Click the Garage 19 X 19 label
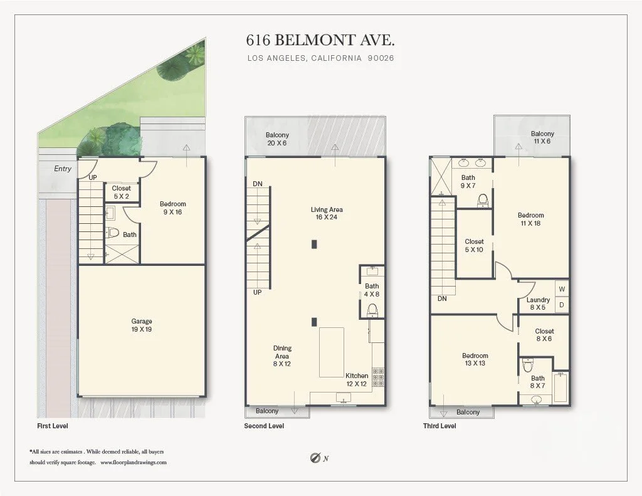pyautogui.click(x=142, y=325)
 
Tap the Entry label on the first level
pyautogui.click(x=63, y=168)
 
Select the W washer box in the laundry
pyautogui.click(x=562, y=288)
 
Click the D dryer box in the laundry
pyautogui.click(x=562, y=305)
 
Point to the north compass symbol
pyautogui.click(x=315, y=458)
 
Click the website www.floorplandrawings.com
pyautogui.click(x=134, y=462)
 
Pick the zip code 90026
pyautogui.click(x=381, y=58)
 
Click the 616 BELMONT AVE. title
pyautogui.click(x=320, y=40)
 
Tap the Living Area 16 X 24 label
pyautogui.click(x=326, y=213)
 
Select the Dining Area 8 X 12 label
pyautogui.click(x=282, y=356)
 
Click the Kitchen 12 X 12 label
pyautogui.click(x=357, y=379)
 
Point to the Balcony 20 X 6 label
pyautogui.click(x=277, y=139)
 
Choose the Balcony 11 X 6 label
pyautogui.click(x=542, y=137)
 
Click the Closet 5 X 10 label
pyautogui.click(x=474, y=245)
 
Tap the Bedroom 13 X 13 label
pyautogui.click(x=475, y=359)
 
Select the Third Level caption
pyautogui.click(x=439, y=426)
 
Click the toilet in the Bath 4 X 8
pyautogui.click(x=372, y=310)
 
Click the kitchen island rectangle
pyautogui.click(x=332, y=352)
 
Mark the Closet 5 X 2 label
pyautogui.click(x=121, y=192)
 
